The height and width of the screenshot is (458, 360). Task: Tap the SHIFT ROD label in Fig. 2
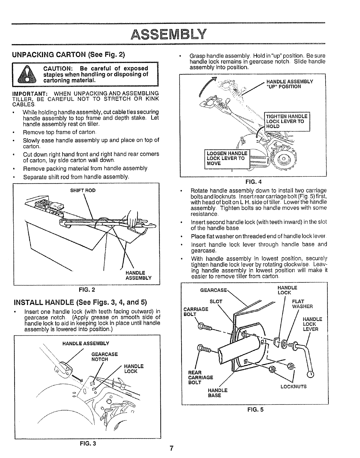tap(83, 191)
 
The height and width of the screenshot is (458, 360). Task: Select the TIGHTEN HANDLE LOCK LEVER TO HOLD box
tap(286, 121)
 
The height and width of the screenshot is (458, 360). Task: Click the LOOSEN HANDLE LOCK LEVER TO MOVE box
tap(227, 158)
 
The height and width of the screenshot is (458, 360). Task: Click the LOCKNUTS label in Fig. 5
tap(293, 386)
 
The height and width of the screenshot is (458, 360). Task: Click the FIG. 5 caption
tap(255, 409)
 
